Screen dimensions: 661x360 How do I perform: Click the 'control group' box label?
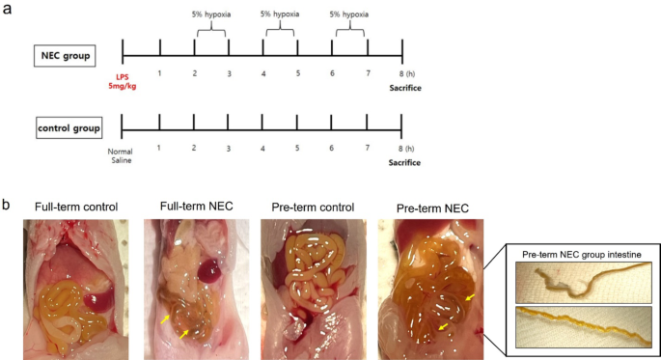pos(69,128)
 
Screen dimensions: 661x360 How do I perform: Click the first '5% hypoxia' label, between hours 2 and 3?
pos(210,14)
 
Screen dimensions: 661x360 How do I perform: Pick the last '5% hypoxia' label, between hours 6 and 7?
pos(348,14)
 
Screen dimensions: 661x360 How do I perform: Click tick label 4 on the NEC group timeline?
pos(262,74)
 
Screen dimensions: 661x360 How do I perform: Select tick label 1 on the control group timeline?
pos(158,148)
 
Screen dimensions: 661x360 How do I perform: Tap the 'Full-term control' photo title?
pos(75,207)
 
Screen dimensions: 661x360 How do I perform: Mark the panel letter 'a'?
pos(8,9)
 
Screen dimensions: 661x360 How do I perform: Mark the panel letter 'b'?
pos(8,206)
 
